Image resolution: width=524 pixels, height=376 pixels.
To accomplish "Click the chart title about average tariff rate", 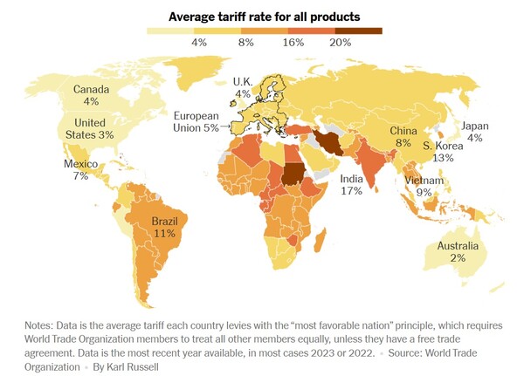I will coord(263,17).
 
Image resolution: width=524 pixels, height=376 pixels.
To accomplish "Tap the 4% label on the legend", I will coord(198,42).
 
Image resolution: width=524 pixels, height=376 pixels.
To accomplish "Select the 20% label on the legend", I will coord(341,42).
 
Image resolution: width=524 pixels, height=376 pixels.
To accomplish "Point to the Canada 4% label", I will coord(91,95).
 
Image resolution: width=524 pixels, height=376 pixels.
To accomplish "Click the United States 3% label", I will coord(90,128).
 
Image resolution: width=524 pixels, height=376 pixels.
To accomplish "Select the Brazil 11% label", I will coord(164,228).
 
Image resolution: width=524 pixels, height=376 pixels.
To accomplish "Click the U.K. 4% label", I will coord(242,87).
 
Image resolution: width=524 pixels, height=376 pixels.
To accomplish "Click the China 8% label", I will coord(403,136).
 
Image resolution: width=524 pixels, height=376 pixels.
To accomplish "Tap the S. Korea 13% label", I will coord(444,152).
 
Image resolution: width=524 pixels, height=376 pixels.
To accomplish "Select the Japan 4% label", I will coord(475,132).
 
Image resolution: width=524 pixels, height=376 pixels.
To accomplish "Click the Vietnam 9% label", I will coord(424,186).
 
